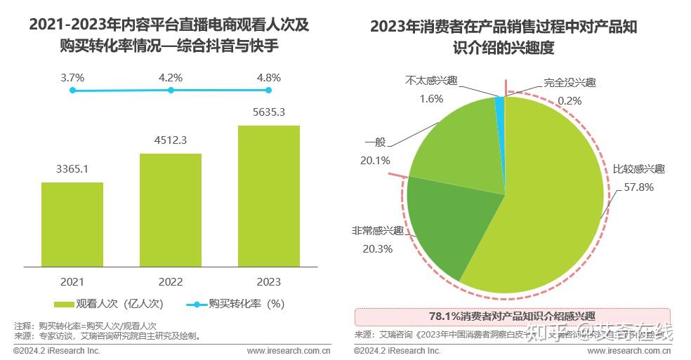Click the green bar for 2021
click(x=72, y=225)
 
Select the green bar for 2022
click(x=171, y=210)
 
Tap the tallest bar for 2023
click(x=269, y=196)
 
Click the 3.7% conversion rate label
click(x=72, y=78)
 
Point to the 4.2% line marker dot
click(x=171, y=90)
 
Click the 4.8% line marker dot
click(x=269, y=90)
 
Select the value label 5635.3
click(x=269, y=112)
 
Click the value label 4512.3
click(x=171, y=140)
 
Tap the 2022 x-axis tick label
click(x=171, y=281)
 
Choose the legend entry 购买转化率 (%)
click(x=236, y=304)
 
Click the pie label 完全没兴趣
click(x=570, y=82)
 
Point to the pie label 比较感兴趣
click(x=638, y=169)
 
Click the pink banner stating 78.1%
click(x=512, y=316)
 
